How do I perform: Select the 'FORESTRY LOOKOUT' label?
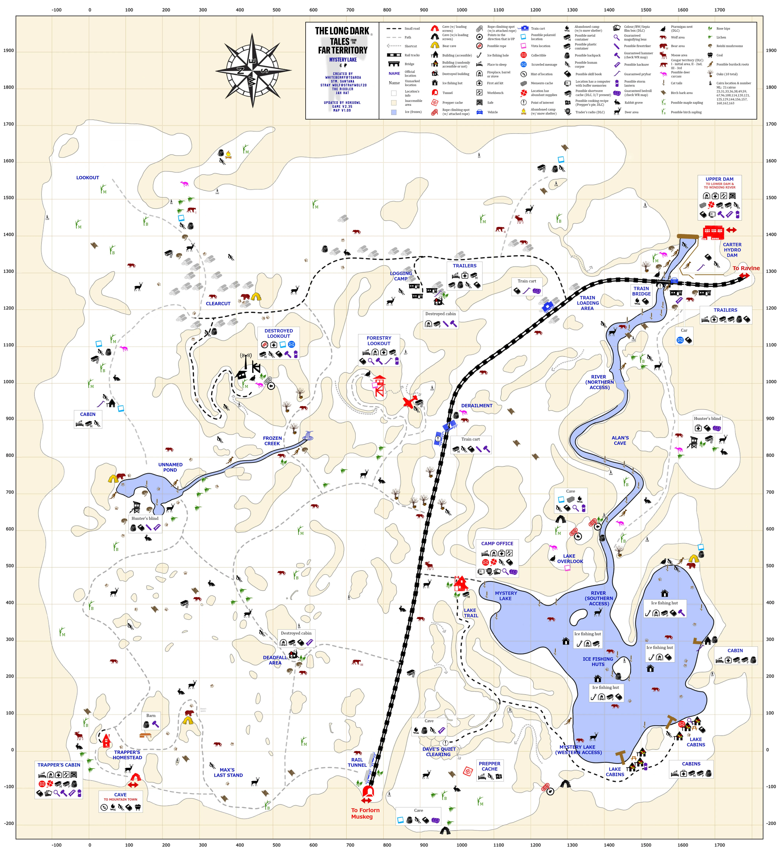(379, 341)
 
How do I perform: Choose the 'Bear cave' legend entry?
(449, 46)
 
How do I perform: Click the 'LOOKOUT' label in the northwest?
(87, 178)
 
